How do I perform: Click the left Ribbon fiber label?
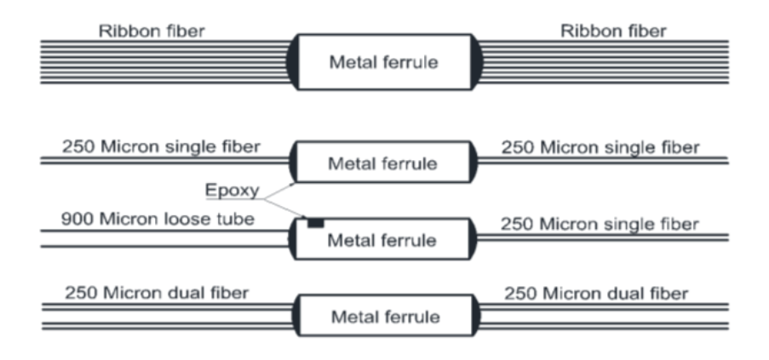click(152, 31)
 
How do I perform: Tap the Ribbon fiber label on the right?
click(613, 31)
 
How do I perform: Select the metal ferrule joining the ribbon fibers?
click(385, 62)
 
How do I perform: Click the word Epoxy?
click(232, 190)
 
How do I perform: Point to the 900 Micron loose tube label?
click(158, 220)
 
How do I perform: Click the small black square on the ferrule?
click(315, 223)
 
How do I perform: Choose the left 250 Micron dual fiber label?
click(157, 293)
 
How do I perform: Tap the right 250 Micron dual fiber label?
click(596, 294)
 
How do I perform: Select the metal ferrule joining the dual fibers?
click(385, 317)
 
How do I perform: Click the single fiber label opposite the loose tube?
click(600, 224)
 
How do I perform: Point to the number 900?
click(76, 220)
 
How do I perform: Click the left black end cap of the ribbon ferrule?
click(293, 62)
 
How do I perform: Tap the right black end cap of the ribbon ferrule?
click(477, 62)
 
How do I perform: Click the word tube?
click(237, 220)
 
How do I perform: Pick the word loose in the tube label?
click(192, 220)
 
